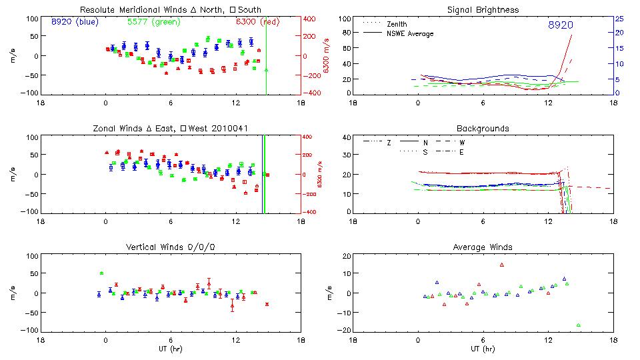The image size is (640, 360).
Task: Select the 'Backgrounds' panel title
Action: [x=482, y=128]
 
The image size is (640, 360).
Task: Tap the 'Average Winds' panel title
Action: [x=482, y=247]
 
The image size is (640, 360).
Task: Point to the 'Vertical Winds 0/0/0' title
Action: [x=170, y=247]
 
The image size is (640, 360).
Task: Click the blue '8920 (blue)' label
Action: [x=74, y=21]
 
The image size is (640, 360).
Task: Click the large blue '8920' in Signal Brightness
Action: [x=561, y=25]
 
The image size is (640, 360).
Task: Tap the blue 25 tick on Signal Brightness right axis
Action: [x=619, y=18]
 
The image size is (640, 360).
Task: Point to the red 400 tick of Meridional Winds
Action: [x=309, y=19]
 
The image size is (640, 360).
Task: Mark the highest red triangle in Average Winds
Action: [x=502, y=265]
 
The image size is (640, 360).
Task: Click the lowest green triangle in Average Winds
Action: [x=579, y=325]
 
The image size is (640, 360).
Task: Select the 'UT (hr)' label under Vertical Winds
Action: [x=170, y=349]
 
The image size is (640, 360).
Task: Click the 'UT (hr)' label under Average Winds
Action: [x=482, y=349]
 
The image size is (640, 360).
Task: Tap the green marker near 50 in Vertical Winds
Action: [x=101, y=273]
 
